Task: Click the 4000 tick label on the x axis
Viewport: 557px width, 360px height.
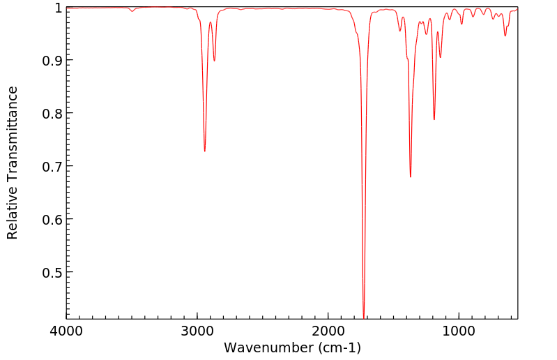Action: coord(66,330)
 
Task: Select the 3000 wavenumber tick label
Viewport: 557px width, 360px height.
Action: coord(197,330)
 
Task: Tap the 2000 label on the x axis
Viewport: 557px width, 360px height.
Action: coord(328,330)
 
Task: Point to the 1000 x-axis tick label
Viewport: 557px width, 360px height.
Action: coord(459,330)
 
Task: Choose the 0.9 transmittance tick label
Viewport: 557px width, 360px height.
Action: coord(50,60)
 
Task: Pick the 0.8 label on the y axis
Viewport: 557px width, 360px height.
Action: coord(50,113)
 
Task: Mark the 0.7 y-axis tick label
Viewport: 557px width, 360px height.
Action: coord(50,166)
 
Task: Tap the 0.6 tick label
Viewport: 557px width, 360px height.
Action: coord(50,219)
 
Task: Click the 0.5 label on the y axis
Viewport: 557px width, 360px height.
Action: coord(50,272)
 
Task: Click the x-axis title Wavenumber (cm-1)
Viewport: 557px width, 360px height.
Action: coord(292,347)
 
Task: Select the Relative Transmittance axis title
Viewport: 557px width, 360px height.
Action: coord(13,163)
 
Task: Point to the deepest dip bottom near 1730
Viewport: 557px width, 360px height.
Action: coord(364,317)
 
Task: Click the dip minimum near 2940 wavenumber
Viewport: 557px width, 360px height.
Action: coord(204,151)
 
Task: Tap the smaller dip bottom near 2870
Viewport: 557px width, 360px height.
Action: coord(214,61)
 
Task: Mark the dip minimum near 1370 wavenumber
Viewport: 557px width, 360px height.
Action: coord(411,177)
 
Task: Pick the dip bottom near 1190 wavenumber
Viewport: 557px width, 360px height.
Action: coord(434,119)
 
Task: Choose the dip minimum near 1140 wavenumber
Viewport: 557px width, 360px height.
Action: coord(440,57)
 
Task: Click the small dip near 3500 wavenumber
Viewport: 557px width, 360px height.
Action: coord(132,11)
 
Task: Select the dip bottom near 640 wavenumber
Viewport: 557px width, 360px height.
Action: coord(505,36)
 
